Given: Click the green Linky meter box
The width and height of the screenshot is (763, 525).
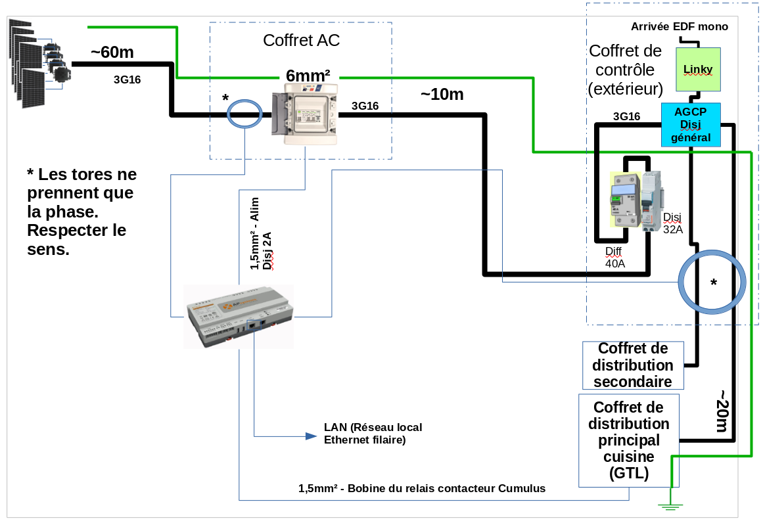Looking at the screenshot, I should [699, 69].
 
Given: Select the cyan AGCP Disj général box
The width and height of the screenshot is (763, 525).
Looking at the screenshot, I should [690, 124].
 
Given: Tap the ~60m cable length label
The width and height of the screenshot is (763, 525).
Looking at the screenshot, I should [113, 52].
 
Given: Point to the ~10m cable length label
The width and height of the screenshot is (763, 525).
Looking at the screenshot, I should [442, 95].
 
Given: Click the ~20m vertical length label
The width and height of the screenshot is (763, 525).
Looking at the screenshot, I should [721, 411].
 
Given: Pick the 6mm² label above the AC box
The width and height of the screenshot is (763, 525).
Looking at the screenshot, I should [308, 75].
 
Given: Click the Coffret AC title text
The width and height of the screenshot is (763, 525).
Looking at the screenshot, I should [301, 40].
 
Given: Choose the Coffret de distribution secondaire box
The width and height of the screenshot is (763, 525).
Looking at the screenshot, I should [633, 365].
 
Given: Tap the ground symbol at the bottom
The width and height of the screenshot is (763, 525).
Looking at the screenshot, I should [670, 505].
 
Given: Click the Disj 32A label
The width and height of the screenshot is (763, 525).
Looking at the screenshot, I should [673, 223].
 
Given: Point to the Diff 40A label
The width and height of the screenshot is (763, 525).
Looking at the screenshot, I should [614, 257].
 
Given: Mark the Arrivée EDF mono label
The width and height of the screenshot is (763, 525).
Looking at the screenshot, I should [679, 27].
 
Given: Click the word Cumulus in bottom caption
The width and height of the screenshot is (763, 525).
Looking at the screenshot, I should [522, 489].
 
